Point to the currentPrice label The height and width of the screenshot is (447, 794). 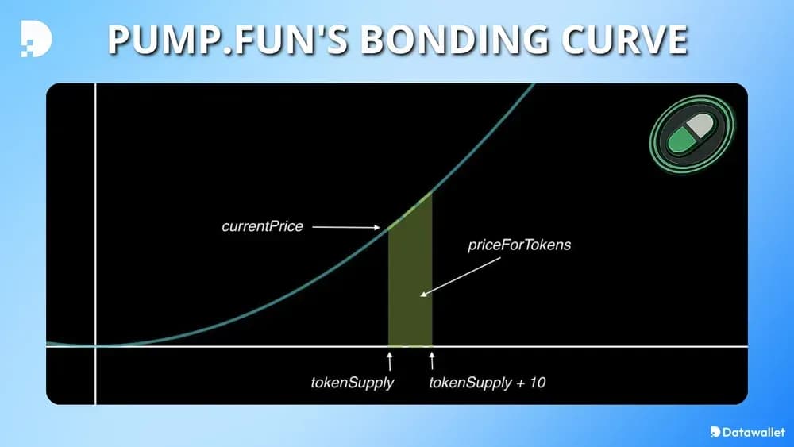pyautogui.click(x=262, y=227)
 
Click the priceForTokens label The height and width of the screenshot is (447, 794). pyautogui.click(x=519, y=245)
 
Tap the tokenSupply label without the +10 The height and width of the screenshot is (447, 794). pyautogui.click(x=353, y=383)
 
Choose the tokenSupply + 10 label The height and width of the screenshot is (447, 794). pyautogui.click(x=487, y=383)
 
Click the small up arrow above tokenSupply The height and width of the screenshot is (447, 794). pyautogui.click(x=389, y=361)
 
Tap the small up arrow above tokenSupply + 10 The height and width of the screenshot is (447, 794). pyautogui.click(x=432, y=361)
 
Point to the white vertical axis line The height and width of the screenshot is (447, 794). pyautogui.click(x=95, y=238)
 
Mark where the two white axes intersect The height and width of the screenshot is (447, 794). pyautogui.click(x=95, y=346)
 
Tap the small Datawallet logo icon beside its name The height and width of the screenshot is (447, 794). pyautogui.click(x=715, y=432)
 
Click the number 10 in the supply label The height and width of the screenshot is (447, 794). pyautogui.click(x=538, y=383)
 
